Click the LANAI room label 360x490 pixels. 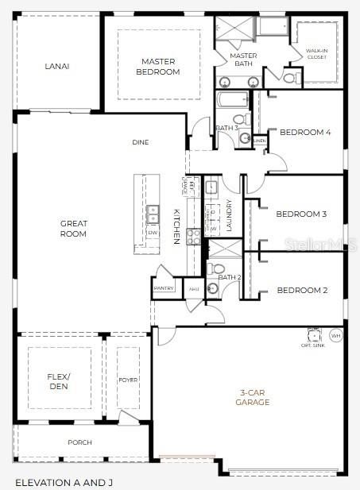click(56, 66)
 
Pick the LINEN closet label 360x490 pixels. click(260, 141)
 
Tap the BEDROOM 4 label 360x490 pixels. click(305, 133)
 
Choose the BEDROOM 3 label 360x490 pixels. click(301, 214)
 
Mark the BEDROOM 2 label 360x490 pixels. click(301, 291)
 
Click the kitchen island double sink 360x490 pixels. click(152, 213)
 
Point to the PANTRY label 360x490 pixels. click(164, 288)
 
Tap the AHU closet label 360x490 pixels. click(194, 288)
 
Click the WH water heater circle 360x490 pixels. click(335, 336)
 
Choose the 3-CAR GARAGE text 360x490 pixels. click(254, 397)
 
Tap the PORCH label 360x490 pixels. click(79, 442)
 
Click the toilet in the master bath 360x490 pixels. click(291, 77)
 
